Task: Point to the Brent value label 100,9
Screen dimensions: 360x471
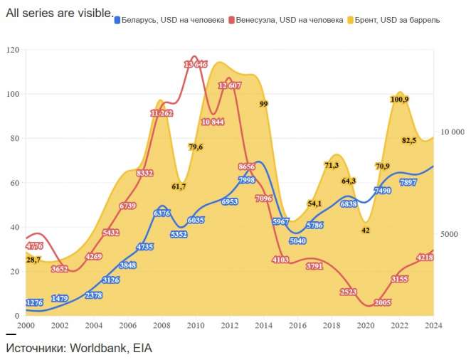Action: [x=400, y=100]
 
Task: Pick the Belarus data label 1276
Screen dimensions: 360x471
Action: [x=34, y=303]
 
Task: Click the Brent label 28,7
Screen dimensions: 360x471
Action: [x=34, y=260]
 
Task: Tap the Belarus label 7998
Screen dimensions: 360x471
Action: [x=247, y=181]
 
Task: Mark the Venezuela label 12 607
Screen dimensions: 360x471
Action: [x=230, y=85]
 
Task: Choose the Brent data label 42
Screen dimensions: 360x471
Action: [x=366, y=231]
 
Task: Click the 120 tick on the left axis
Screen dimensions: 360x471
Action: [x=13, y=51]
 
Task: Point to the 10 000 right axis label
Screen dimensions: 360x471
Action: [x=452, y=132]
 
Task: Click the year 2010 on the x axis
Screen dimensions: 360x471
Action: [x=196, y=325]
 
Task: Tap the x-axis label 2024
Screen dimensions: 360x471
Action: [x=433, y=325]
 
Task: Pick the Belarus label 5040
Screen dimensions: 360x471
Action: [x=297, y=241]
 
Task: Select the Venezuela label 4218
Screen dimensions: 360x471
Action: [x=425, y=258]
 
